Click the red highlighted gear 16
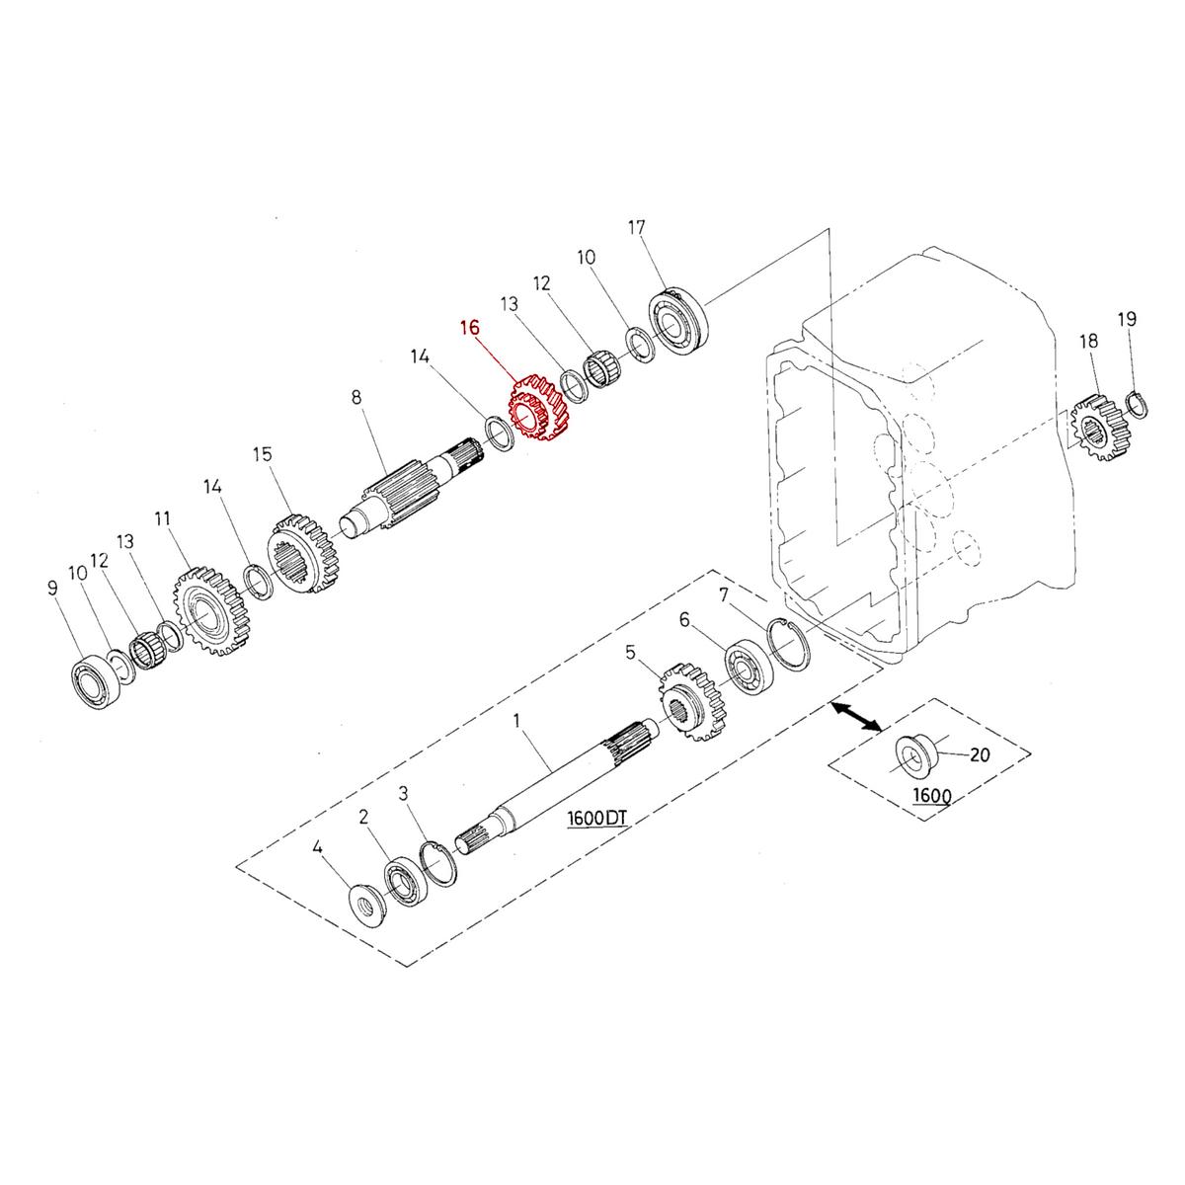(x=539, y=409)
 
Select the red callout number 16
(x=470, y=327)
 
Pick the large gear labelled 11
(x=210, y=612)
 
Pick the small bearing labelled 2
(x=404, y=879)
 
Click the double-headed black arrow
(x=855, y=717)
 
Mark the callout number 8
(x=356, y=397)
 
